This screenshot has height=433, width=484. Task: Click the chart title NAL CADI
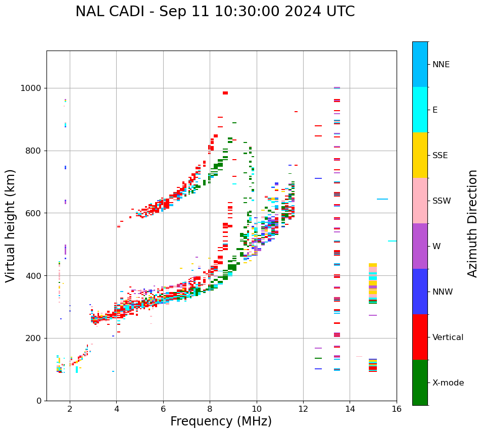(215, 12)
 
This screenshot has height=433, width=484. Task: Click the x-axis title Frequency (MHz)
(221, 421)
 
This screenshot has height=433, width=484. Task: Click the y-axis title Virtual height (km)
(11, 226)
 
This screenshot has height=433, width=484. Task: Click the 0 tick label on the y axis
(39, 401)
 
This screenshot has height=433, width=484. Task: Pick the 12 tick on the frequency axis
(303, 409)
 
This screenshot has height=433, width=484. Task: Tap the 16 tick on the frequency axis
(397, 409)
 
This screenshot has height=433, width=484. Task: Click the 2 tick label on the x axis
(70, 409)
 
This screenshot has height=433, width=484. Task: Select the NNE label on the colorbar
(441, 65)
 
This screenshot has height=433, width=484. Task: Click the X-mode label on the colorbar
(448, 383)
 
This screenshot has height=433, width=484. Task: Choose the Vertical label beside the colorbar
(448, 338)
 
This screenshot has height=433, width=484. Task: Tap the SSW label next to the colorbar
(442, 201)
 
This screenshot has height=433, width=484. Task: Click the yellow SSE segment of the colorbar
(420, 155)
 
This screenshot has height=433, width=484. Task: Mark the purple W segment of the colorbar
(420, 246)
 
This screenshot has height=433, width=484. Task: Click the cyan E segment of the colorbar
(420, 110)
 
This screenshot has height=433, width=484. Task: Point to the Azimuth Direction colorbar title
(472, 223)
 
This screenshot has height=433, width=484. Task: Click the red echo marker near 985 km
(225, 93)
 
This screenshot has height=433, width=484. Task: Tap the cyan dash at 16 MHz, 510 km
(392, 241)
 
